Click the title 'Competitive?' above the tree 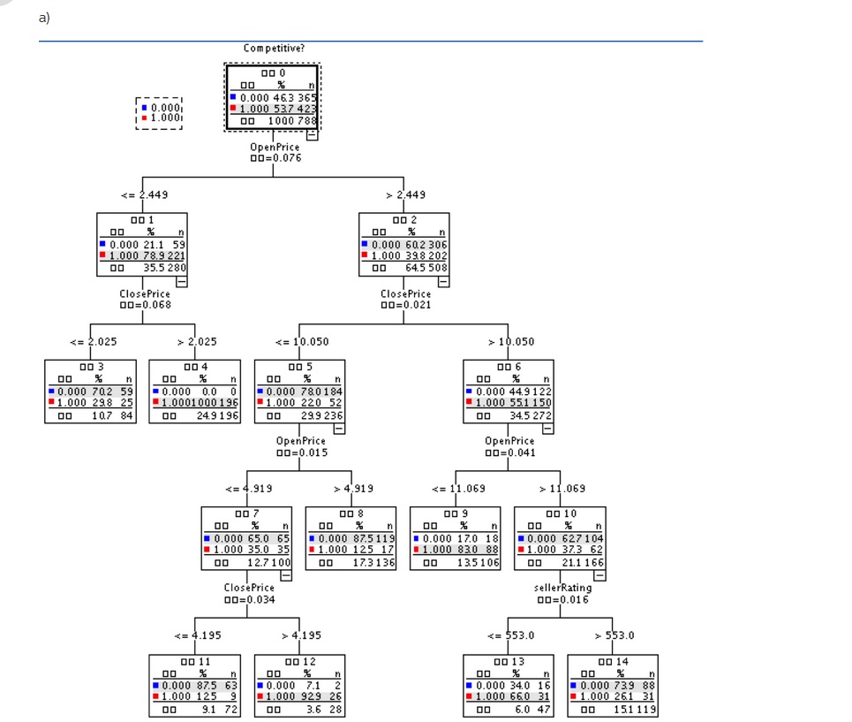click(x=274, y=48)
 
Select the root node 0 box click(x=273, y=96)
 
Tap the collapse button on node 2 click(x=443, y=281)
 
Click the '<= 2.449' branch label click(x=145, y=194)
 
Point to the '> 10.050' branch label click(x=510, y=341)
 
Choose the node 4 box click(x=194, y=391)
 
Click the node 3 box click(x=90, y=391)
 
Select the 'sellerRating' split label click(x=562, y=587)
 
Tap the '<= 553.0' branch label click(x=510, y=635)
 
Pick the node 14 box click(x=613, y=685)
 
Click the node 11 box click(x=194, y=685)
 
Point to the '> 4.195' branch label click(x=300, y=635)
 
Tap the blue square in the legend click(x=144, y=107)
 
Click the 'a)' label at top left click(x=44, y=17)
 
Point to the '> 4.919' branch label click(x=353, y=488)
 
